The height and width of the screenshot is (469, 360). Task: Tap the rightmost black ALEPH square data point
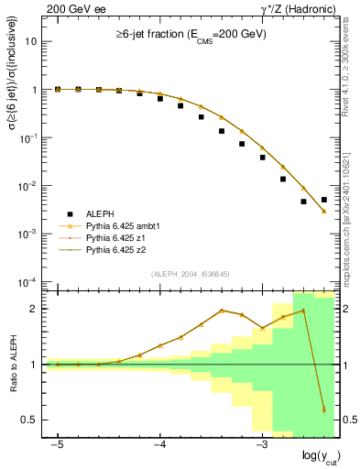point(324,200)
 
